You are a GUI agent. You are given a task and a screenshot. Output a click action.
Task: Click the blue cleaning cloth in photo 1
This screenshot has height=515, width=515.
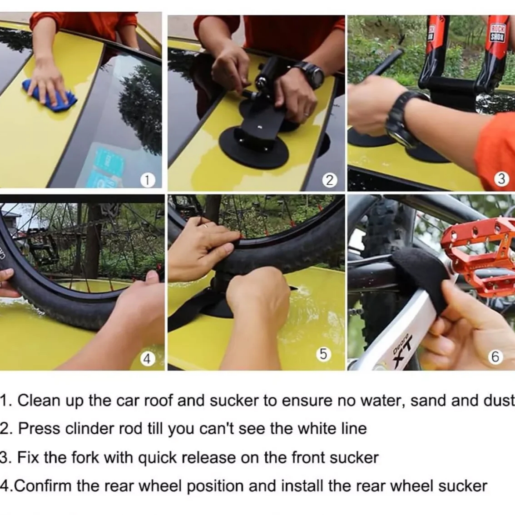coord(49,95)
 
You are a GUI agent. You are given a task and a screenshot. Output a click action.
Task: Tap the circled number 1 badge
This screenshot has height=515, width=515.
coord(147,180)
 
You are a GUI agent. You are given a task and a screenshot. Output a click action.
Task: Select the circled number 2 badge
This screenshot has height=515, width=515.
coord(329,180)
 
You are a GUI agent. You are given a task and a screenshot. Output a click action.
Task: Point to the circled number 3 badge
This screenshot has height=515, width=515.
coord(501,179)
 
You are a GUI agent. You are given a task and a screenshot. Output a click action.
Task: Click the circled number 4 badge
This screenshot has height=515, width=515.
coord(147,359)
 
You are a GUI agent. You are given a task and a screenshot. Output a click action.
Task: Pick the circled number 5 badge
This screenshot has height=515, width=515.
coord(323,354)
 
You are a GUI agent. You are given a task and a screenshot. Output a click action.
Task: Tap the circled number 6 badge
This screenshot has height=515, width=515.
coord(495,357)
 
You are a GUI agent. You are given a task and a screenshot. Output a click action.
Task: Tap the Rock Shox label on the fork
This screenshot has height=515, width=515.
coord(497,33)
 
